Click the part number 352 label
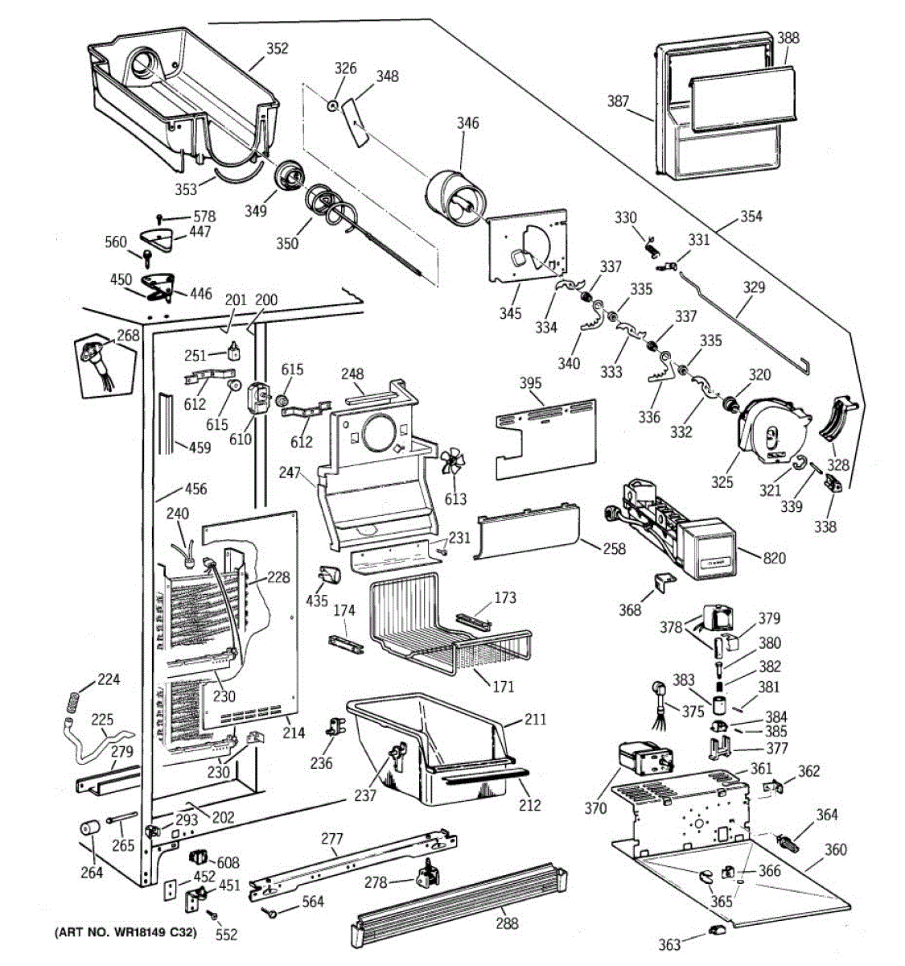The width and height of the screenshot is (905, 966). coord(277,49)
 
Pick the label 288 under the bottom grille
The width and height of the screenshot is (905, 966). coord(507,923)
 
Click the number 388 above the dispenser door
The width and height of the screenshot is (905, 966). coord(788,38)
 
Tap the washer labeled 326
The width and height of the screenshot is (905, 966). coord(332,105)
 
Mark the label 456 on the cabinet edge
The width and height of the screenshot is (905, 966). coord(195,489)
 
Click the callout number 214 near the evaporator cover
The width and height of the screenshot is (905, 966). coord(294,733)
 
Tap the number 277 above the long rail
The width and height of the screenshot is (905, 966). coord(332,840)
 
